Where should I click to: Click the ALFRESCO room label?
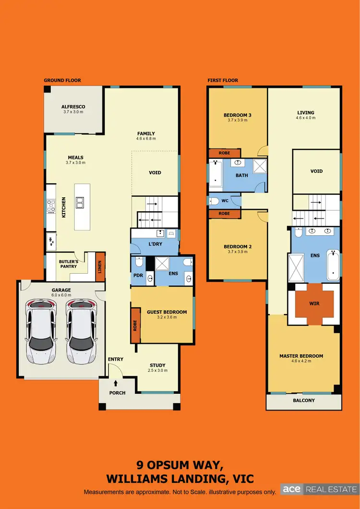pos(73,107)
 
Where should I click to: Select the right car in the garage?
pos(82,331)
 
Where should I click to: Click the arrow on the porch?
pos(116,383)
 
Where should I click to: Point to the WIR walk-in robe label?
pos(315,304)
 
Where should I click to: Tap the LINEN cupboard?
pos(100,267)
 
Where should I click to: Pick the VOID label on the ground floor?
pos(155,173)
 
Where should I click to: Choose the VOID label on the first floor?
pos(316,171)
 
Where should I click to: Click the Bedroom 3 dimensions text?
pos(237,121)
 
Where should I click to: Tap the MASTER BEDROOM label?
pos(301,356)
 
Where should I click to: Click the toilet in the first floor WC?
pos(214,200)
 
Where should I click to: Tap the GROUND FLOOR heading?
pos(62,80)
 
